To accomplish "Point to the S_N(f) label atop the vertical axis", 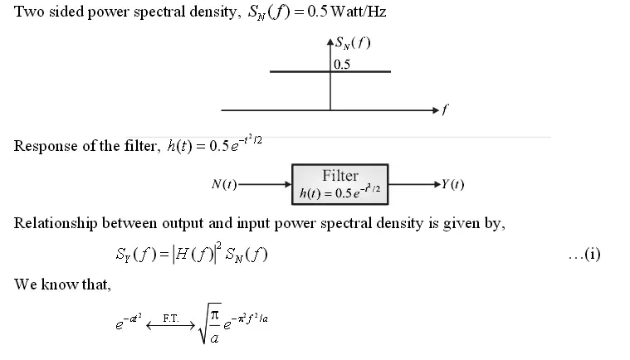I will [x=353, y=43].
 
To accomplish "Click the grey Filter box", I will [x=340, y=184].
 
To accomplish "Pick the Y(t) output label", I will [x=452, y=184].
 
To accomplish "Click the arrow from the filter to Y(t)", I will [x=414, y=184].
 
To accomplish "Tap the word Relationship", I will [x=54, y=223].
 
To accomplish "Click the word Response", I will [x=42, y=147].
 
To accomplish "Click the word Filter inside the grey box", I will [x=340, y=176].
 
